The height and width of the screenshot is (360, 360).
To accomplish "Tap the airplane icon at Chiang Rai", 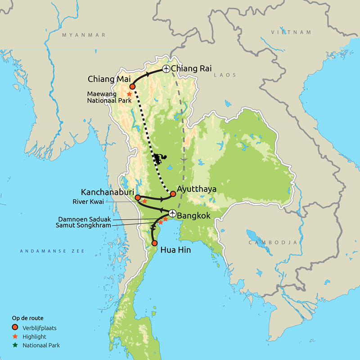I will point(166,69).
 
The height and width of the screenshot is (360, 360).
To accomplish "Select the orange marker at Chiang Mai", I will point(132,86).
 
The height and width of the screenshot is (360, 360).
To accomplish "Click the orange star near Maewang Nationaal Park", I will point(129,94).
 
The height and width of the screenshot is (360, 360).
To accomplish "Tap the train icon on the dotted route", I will point(158,158).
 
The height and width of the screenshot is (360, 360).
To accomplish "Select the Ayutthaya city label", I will point(197,189).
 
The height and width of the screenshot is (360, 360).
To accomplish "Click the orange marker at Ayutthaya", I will point(173,194).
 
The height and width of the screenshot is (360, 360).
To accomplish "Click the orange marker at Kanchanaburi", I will point(137,197).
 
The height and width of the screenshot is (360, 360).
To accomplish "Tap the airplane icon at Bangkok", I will point(172,213).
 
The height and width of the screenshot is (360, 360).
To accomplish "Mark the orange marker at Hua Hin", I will point(154,243).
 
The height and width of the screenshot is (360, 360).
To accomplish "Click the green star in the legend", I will point(15,345).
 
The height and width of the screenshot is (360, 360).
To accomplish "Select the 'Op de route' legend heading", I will point(27,318).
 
